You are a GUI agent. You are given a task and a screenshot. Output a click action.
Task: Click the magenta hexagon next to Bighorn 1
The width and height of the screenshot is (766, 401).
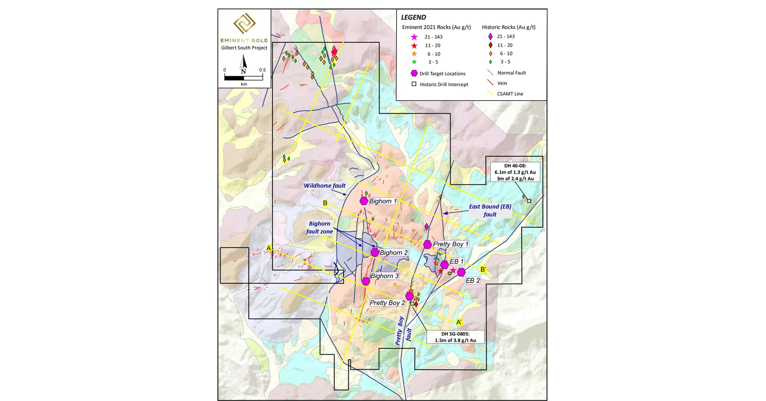pos(364,201)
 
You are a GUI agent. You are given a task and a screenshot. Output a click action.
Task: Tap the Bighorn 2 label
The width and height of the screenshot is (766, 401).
pos(393,252)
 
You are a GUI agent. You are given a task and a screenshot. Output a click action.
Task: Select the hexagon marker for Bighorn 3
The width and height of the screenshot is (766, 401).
pos(366,281)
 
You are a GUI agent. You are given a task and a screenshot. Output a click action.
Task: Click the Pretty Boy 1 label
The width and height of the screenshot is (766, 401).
pos(451,244)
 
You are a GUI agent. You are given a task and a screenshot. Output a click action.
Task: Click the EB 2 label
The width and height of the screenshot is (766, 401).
pos(473,280)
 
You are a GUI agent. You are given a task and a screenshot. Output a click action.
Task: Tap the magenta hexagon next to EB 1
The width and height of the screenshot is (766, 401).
pos(444,265)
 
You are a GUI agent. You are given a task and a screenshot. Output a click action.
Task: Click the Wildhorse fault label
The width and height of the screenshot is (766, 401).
pos(324,186)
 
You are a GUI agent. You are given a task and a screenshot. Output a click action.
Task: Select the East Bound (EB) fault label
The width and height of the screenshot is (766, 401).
pos(490,210)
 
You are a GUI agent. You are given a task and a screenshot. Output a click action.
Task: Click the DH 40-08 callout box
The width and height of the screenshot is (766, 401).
pos(515,172)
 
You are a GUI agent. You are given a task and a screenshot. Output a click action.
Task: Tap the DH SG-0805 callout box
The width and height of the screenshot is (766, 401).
pos(455,337)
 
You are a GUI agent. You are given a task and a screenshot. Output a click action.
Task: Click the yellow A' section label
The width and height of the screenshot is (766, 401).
pos(459,322)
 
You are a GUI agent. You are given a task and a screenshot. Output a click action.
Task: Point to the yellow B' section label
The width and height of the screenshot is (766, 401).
pos(483,269)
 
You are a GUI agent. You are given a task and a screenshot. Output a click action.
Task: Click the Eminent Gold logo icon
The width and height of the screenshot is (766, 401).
pos(244,24)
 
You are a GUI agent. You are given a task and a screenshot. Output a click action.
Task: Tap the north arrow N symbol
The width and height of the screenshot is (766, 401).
pos(244,65)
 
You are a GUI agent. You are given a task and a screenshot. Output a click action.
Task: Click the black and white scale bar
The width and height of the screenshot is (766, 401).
pos(243,78)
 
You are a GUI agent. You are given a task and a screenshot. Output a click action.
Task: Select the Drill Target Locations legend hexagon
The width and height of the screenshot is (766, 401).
pos(414,73)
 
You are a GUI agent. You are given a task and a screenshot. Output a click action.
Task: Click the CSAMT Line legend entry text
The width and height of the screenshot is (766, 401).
pos(510,94)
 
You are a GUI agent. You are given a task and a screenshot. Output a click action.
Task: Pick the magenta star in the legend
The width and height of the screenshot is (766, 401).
pos(414,37)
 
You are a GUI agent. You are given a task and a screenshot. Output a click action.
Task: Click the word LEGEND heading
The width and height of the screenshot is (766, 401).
pos(413,17)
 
